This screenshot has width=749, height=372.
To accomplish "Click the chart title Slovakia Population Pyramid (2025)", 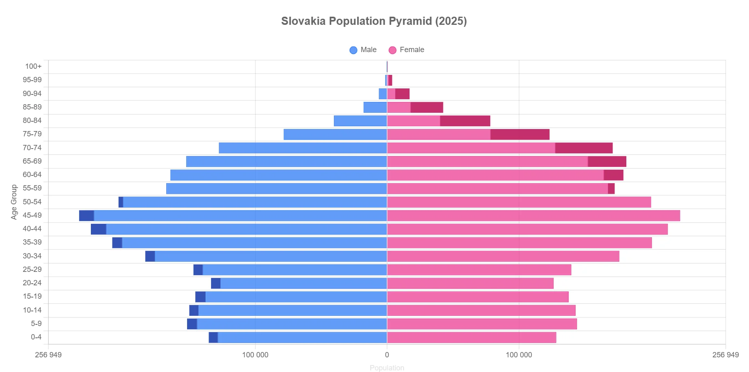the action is [374, 21].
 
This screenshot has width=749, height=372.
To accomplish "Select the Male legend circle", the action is [353, 50].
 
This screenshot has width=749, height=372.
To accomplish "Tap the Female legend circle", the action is [392, 50].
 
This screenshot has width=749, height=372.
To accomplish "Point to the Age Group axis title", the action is [14, 202].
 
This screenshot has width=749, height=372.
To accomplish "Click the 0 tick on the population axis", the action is [387, 355].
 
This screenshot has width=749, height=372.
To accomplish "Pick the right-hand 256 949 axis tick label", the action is [725, 355].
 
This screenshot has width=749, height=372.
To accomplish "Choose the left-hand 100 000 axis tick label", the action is [255, 355].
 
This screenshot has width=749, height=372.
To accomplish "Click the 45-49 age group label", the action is [32, 215].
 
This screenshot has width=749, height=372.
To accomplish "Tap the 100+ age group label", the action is [33, 66].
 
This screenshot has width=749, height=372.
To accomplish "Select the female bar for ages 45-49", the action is [533, 216].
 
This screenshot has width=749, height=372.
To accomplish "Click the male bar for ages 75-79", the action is [335, 134].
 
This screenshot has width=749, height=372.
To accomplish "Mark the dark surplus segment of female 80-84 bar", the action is [465, 121].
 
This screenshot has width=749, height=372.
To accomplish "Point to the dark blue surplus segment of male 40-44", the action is [99, 229].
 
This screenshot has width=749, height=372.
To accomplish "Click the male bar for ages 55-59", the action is [277, 188].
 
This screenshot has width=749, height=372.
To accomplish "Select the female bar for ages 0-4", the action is [471, 337].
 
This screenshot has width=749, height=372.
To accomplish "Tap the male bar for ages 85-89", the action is [375, 107].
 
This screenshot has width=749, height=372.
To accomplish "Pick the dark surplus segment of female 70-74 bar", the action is [584, 148].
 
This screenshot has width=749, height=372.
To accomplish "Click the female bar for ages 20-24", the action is [470, 283].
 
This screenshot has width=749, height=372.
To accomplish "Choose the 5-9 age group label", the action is [36, 324].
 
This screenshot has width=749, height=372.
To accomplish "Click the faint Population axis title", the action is [387, 368].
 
